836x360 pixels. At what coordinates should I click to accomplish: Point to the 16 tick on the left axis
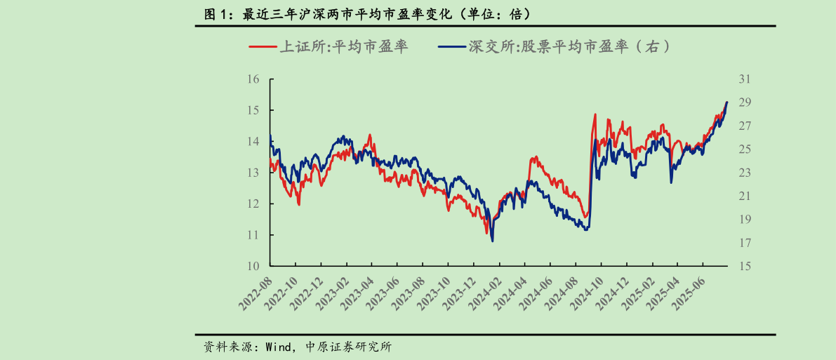click(x=253, y=79)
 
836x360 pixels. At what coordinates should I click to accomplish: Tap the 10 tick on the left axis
click(x=253, y=266)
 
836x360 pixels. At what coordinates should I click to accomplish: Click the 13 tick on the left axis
click(x=253, y=173)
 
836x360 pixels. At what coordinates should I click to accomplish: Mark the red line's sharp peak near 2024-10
click(x=595, y=114)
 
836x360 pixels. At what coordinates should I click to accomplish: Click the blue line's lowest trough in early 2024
click(x=492, y=241)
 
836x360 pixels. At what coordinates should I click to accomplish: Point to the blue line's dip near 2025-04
click(x=671, y=182)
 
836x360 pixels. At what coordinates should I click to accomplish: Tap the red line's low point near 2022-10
click(x=299, y=204)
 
